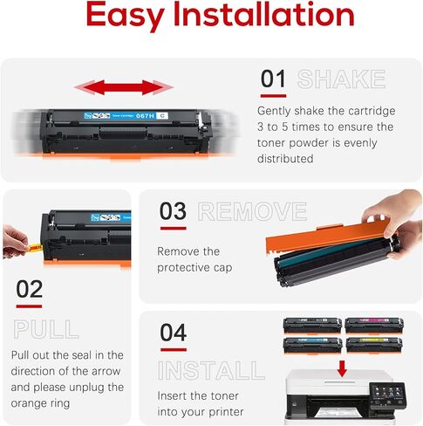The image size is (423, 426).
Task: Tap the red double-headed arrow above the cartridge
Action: pos(124,87)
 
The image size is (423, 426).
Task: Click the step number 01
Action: pos(273,79)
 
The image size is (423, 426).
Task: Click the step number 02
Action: pos(29,289)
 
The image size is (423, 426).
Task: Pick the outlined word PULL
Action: pos(45,329)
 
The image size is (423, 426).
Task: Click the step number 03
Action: pos(172,212)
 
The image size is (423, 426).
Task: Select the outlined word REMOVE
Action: pos(252,212)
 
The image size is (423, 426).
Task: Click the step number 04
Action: pos(173,332)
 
